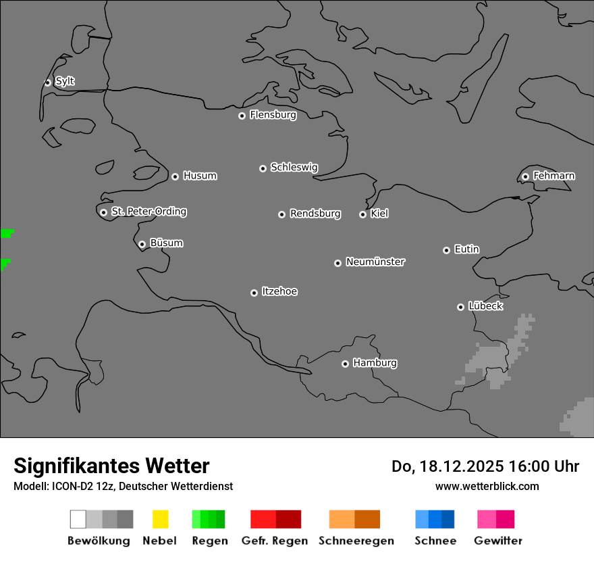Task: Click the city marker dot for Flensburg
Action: (x=242, y=116)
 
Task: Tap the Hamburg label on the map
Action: (x=375, y=363)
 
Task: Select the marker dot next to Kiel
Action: (x=362, y=214)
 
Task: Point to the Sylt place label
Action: (x=65, y=81)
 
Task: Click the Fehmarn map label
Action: (x=553, y=176)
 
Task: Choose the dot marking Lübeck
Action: (x=460, y=307)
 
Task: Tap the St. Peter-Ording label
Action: (x=148, y=212)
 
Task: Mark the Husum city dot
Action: (x=175, y=176)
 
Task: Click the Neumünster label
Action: (x=375, y=262)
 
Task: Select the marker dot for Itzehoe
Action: (x=254, y=293)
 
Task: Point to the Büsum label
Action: (x=166, y=243)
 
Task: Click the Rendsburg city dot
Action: (x=281, y=214)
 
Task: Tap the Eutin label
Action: (x=466, y=249)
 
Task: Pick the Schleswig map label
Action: (x=294, y=167)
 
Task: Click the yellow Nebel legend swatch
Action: (x=160, y=519)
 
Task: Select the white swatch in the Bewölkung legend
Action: (x=78, y=519)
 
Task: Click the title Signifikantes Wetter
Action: (x=111, y=466)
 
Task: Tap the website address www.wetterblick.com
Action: (x=487, y=486)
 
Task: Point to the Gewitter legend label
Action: (x=497, y=541)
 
